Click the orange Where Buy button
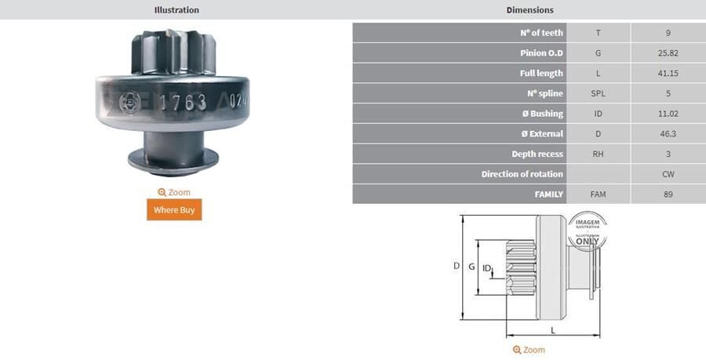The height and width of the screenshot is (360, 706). coord(174,209)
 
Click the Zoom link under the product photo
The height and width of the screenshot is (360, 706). coord(174,192)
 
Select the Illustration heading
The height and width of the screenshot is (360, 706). coord(176,10)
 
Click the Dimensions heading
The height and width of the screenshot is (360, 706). coord(529,10)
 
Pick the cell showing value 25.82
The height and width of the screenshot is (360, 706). coord(668,53)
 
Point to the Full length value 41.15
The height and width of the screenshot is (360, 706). coord(668,73)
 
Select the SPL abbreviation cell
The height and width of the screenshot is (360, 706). coord(598,93)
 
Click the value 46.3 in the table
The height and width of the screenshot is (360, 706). coord(668,134)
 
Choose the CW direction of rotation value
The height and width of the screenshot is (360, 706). coord(668,174)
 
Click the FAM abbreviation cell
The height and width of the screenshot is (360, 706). coord(598,194)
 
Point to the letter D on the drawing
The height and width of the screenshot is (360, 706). coord(457,266)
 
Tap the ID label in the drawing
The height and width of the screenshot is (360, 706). coord(487,268)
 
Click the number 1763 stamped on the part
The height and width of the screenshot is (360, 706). coord(183,103)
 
